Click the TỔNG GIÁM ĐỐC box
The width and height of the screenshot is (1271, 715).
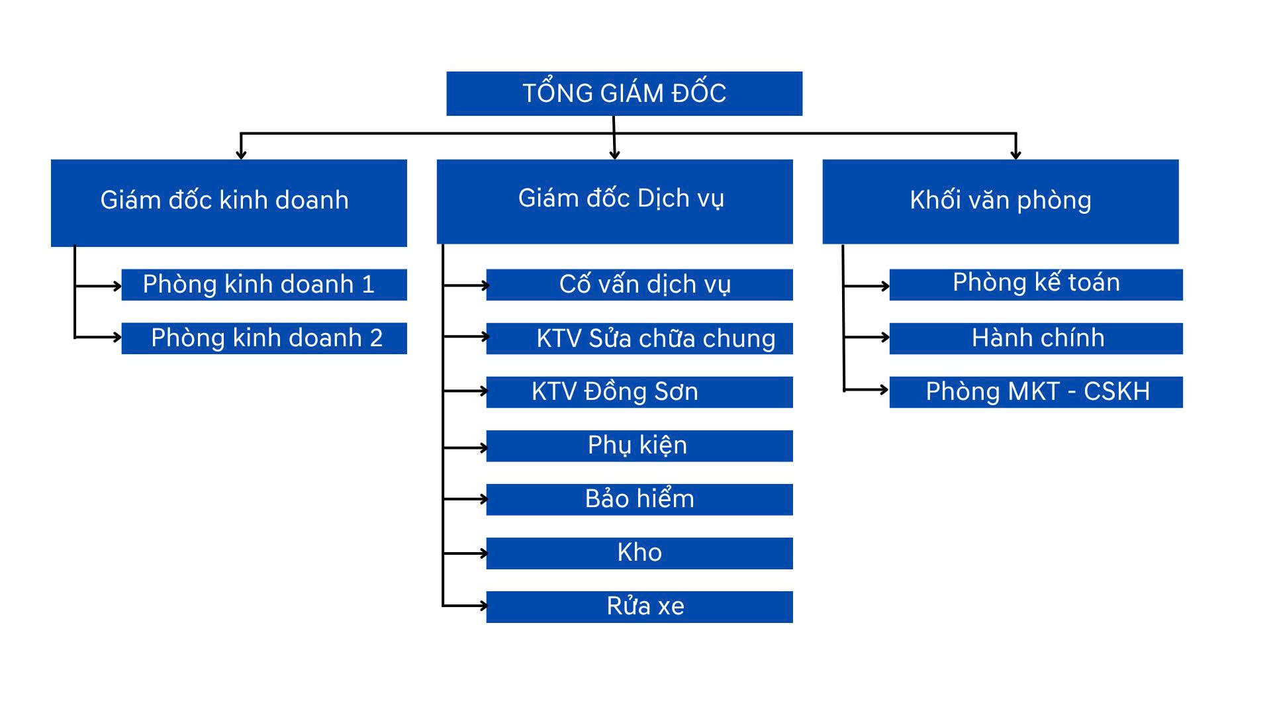click(624, 93)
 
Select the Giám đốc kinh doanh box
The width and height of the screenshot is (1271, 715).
click(228, 203)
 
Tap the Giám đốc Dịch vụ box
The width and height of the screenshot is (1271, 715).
click(614, 201)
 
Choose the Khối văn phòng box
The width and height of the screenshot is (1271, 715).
click(1000, 201)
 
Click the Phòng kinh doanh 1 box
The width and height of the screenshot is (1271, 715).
click(263, 285)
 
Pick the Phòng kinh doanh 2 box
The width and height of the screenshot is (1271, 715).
click(263, 338)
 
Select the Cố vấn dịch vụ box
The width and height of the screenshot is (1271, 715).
click(639, 285)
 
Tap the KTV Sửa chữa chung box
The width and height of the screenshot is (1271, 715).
click(639, 338)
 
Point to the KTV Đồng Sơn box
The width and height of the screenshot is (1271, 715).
click(639, 392)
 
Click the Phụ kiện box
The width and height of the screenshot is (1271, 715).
click(639, 446)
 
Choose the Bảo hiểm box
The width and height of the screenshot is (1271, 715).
click(639, 499)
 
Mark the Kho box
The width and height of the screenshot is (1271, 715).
click(639, 553)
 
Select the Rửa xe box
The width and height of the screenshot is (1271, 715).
click(639, 606)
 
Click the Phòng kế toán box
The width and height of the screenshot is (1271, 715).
click(1036, 285)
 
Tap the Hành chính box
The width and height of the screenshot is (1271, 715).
click(1036, 338)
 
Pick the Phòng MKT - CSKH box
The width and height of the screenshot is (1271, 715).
click(1036, 392)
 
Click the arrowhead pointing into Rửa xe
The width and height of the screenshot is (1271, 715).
click(484, 605)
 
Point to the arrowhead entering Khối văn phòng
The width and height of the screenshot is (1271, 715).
click(1015, 155)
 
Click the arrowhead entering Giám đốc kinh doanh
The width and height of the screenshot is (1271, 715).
click(241, 155)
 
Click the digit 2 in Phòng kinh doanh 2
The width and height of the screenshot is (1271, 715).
click(376, 338)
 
